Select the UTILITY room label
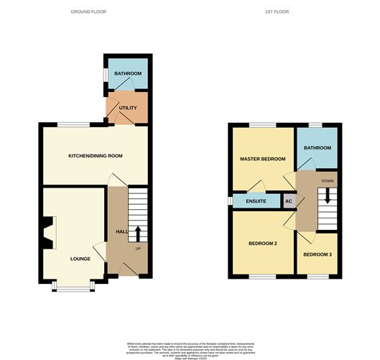[x=128, y=108]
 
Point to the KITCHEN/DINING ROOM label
[x=95, y=156]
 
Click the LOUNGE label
[x=80, y=258]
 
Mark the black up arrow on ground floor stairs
[x=139, y=233]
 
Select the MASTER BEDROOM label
[x=262, y=159]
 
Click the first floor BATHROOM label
[x=317, y=148]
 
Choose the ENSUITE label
[x=256, y=201]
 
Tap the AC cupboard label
[x=289, y=201]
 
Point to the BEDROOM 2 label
[x=262, y=244]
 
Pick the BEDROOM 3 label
[x=317, y=254]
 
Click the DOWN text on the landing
[x=328, y=181]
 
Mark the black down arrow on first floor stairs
[x=328, y=196]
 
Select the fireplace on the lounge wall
[x=47, y=233]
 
